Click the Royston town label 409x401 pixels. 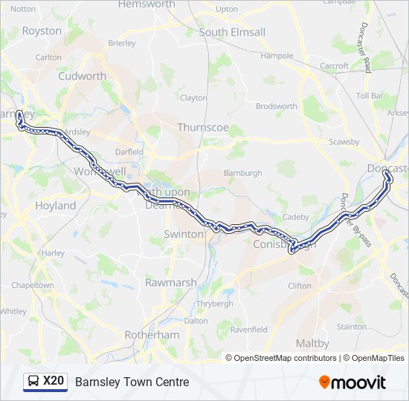pyautogui.click(x=42, y=31)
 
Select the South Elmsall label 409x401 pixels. pyautogui.click(x=232, y=33)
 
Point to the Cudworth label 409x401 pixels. pyautogui.click(x=82, y=76)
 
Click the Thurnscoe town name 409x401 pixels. pyautogui.click(x=203, y=127)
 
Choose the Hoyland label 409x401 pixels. pyautogui.click(x=55, y=205)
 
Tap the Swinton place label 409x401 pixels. pyautogui.click(x=183, y=234)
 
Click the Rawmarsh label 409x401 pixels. pyautogui.click(x=170, y=283)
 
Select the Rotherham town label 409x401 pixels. pyautogui.click(x=152, y=335)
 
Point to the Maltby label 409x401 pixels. pyautogui.click(x=312, y=343)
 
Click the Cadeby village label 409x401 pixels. pyautogui.click(x=295, y=217)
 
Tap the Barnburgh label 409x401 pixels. pyautogui.click(x=242, y=173)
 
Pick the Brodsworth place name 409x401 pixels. pyautogui.click(x=276, y=106)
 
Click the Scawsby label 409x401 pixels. pyautogui.click(x=344, y=142)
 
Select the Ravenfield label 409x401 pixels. pyautogui.click(x=249, y=329)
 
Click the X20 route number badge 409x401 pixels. pyautogui.click(x=54, y=382)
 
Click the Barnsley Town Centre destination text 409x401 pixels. pyautogui.click(x=132, y=382)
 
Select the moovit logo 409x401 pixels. pyautogui.click(x=352, y=382)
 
